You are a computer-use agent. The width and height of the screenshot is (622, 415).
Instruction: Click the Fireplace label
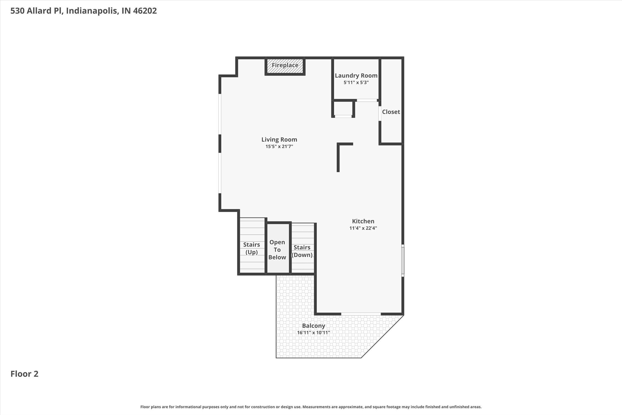coord(285,65)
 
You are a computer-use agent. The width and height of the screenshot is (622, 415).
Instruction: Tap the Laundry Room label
coord(356,76)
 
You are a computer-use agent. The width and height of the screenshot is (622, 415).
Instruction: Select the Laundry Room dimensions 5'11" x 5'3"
coord(356,83)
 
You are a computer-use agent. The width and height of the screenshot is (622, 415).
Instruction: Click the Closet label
coord(391,112)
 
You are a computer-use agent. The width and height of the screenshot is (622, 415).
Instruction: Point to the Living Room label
coord(279,140)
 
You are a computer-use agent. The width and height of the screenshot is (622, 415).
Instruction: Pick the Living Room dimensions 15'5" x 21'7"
coord(279,147)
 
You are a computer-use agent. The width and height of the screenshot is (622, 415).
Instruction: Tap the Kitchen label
coord(363,221)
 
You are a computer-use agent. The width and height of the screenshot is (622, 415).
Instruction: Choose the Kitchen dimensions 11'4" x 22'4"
coord(363,228)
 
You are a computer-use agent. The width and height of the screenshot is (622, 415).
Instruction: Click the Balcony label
coord(314,326)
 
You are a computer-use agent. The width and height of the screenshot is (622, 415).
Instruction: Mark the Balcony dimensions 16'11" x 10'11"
coord(314,333)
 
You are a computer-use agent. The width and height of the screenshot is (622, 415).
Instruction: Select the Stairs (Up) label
coord(251,248)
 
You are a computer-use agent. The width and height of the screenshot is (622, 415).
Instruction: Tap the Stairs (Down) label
coord(302,251)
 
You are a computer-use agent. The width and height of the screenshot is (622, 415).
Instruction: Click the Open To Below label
coord(277,250)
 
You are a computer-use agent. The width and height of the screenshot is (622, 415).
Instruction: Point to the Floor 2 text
coord(24,374)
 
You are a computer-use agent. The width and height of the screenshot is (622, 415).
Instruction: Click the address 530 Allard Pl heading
coord(84,11)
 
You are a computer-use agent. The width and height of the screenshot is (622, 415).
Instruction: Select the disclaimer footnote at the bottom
coord(311,407)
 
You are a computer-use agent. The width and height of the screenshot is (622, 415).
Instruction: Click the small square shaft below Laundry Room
coord(343,108)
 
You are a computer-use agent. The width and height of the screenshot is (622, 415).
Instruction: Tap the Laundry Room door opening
coord(367,100)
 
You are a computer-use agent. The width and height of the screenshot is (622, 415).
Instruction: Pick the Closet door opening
coord(380,113)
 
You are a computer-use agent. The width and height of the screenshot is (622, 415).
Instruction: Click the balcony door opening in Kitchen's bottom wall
coord(361,314)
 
